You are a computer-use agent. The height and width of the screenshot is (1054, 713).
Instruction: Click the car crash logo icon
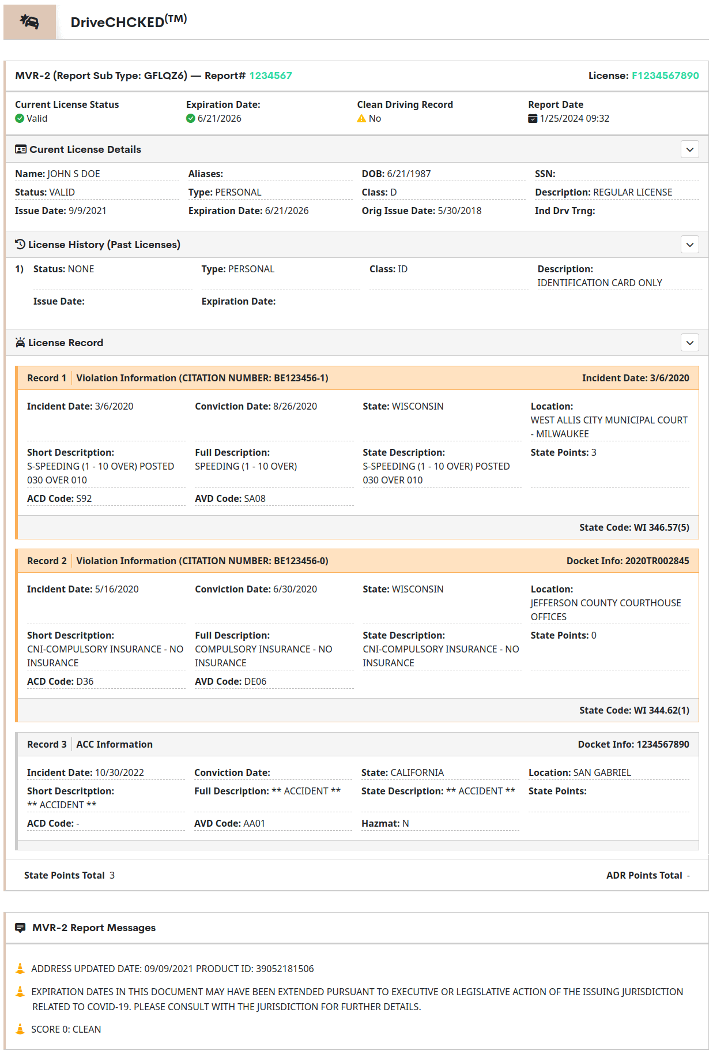pos(29,22)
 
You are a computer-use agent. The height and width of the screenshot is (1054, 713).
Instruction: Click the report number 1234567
pos(270,76)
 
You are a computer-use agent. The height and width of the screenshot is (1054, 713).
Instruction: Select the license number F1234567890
pos(665,76)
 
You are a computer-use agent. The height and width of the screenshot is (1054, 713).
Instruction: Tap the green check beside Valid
pos(20,118)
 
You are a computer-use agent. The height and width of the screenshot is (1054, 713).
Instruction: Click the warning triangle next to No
pos(361,118)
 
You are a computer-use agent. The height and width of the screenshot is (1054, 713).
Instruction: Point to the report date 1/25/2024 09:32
pos(574,118)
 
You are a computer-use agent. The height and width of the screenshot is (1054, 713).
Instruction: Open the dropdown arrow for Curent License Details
pos(689,149)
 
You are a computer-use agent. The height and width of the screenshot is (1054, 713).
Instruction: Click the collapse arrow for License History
pos(689,245)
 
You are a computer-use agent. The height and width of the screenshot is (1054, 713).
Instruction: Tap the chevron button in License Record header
pos(689,343)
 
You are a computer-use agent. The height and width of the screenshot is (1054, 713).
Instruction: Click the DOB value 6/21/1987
pos(409,174)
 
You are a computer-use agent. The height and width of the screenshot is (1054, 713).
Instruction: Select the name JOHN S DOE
pos(74,174)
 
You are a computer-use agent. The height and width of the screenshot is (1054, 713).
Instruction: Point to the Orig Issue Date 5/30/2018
pos(459,211)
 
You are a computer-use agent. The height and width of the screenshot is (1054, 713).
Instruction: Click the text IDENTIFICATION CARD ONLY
pos(599,283)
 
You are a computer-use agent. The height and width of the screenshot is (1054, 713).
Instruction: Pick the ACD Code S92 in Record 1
pos(84,498)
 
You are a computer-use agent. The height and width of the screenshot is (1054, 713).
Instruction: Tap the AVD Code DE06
pos(255,681)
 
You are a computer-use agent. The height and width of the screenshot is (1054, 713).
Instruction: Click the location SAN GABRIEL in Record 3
pos(602,772)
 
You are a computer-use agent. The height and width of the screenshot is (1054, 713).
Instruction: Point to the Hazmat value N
pos(406,823)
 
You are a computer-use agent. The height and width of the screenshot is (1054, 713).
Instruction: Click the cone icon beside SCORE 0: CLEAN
pos(20,1029)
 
